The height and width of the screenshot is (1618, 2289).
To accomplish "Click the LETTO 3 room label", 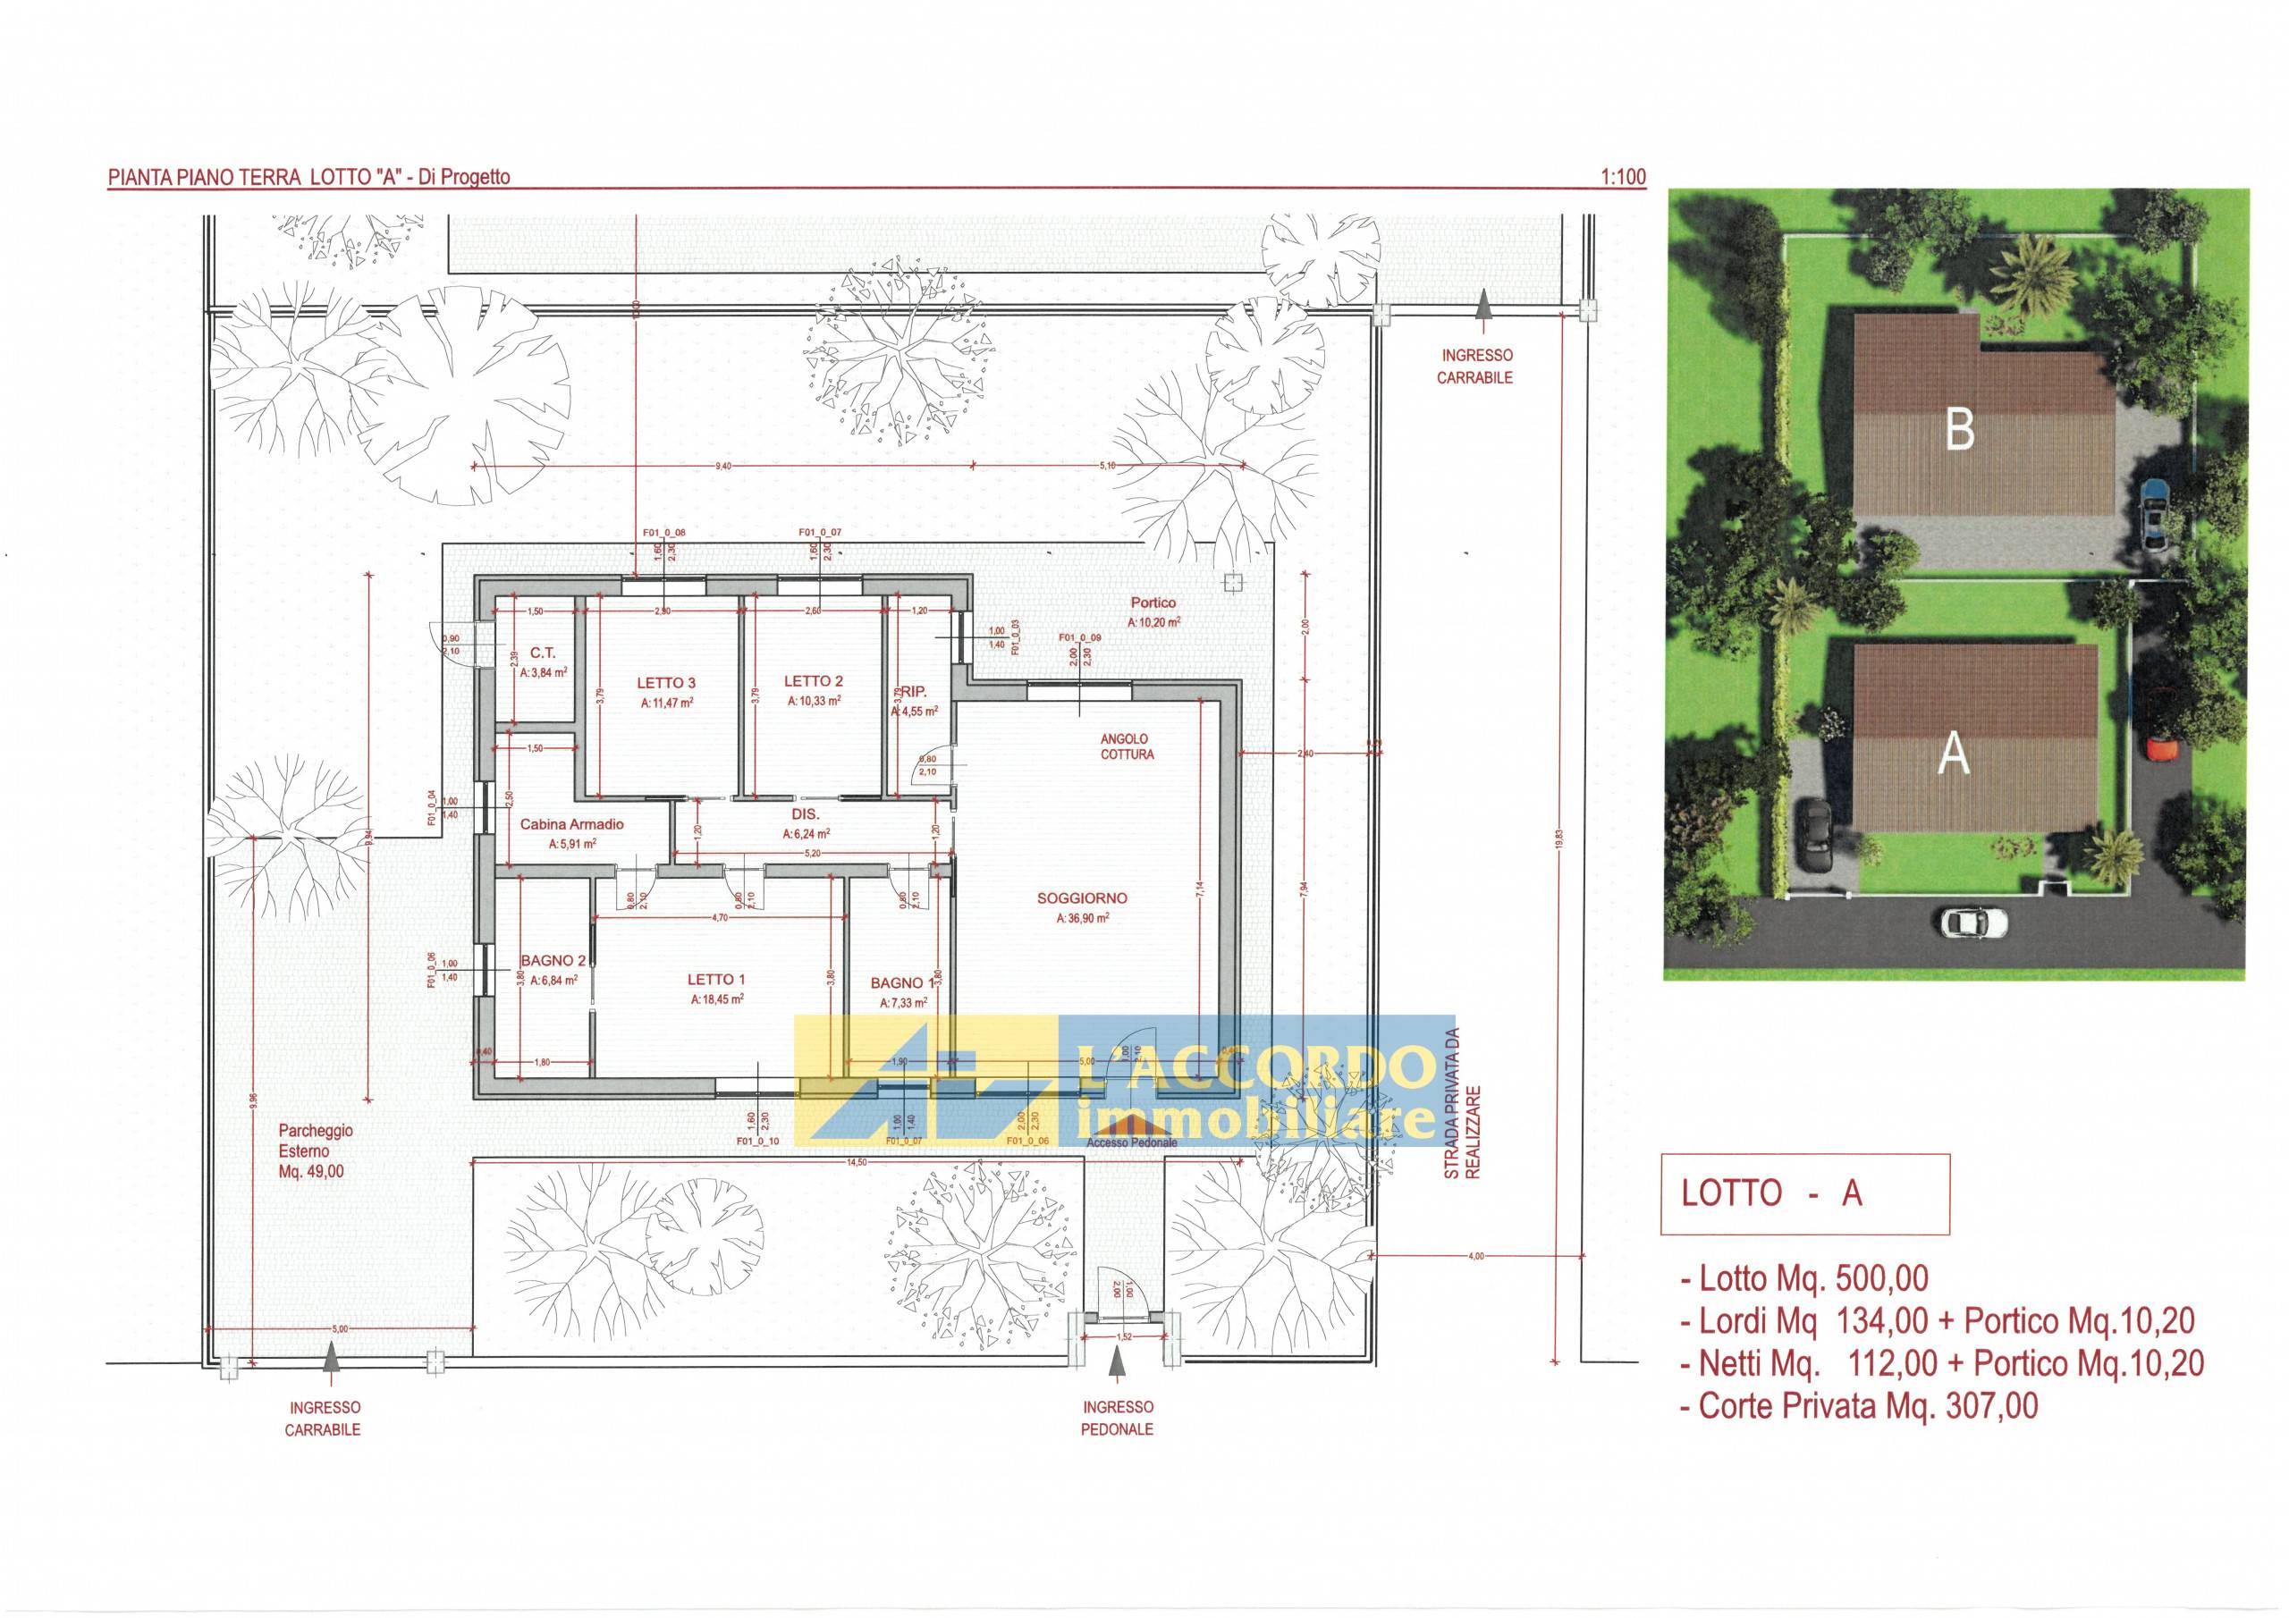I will [x=666, y=683].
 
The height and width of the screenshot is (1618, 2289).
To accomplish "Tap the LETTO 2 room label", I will [x=814, y=682].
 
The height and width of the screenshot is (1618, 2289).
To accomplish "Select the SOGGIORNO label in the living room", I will [x=1082, y=898].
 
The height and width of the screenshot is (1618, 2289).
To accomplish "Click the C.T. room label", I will [x=543, y=653].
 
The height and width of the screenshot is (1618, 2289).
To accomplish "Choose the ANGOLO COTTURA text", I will [x=1127, y=746].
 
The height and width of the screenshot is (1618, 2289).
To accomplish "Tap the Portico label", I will [x=1153, y=603].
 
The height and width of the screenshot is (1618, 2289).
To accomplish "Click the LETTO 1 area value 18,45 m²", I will [x=717, y=999].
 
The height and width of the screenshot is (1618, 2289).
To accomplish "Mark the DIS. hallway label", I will [x=806, y=814].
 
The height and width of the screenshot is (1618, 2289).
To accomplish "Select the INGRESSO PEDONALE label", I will [x=1118, y=1418].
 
